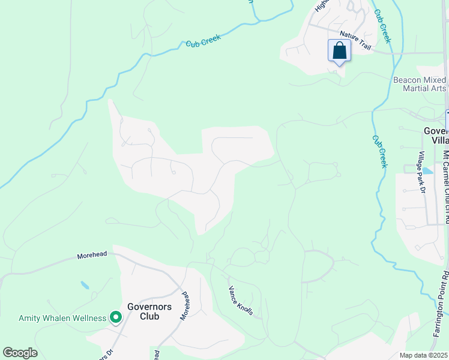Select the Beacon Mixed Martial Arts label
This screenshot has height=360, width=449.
click(420, 84)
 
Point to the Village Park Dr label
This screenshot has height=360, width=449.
click(422, 172)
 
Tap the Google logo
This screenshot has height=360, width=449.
click(20, 353)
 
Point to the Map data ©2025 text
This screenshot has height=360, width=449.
click(424, 355)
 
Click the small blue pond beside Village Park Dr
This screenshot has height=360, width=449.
click(427, 171)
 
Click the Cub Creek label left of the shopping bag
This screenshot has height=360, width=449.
click(203, 40)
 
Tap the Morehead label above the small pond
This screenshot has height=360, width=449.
click(92, 255)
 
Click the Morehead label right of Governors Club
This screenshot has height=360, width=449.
click(187, 305)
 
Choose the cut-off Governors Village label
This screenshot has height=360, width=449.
click(436, 136)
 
